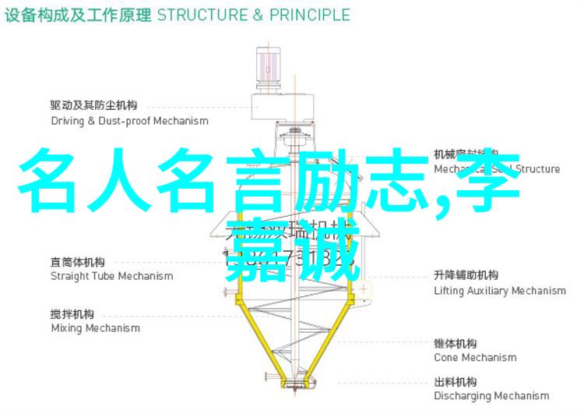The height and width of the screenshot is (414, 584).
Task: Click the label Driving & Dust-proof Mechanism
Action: tap(129, 121)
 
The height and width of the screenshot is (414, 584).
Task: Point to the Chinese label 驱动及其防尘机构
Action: tap(94, 105)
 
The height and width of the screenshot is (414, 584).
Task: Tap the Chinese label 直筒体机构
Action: tap(78, 261)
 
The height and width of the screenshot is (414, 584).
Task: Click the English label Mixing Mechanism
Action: tap(95, 328)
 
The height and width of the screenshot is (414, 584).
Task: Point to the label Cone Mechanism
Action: tap(475, 357)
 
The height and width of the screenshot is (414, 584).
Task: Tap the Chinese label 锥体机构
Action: tap(456, 343)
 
